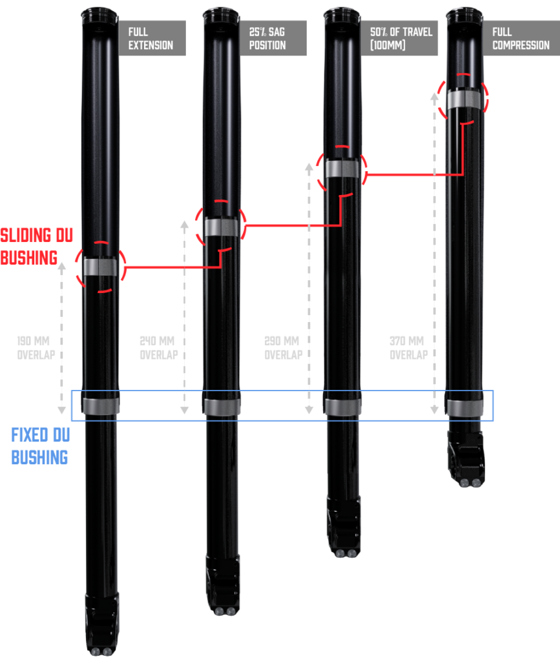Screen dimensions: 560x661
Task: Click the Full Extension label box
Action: click(x=152, y=38)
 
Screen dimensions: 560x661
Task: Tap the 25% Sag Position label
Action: click(x=273, y=38)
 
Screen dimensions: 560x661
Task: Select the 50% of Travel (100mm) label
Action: click(x=399, y=38)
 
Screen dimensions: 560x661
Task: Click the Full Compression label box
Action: click(x=521, y=38)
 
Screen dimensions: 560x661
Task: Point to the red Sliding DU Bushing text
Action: click(x=36, y=247)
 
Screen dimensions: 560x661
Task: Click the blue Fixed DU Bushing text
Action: click(x=40, y=446)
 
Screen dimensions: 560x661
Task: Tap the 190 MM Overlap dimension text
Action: click(x=36, y=348)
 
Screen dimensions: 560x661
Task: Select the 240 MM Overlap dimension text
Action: click(x=158, y=348)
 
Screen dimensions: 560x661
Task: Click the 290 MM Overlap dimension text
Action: click(x=283, y=348)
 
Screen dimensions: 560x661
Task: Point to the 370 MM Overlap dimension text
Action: click(x=408, y=348)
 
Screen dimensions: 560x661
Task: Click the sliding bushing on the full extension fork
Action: click(x=100, y=267)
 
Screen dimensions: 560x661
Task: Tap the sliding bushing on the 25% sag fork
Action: click(x=221, y=227)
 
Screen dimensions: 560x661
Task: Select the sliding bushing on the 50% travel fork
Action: click(x=342, y=168)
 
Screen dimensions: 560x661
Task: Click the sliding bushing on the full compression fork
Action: click(x=464, y=99)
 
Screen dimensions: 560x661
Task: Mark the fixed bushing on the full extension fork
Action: click(x=100, y=406)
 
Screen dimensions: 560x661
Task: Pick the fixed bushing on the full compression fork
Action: click(x=464, y=408)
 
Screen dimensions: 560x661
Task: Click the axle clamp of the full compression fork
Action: click(x=466, y=460)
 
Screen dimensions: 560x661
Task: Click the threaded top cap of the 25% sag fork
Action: click(x=221, y=14)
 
